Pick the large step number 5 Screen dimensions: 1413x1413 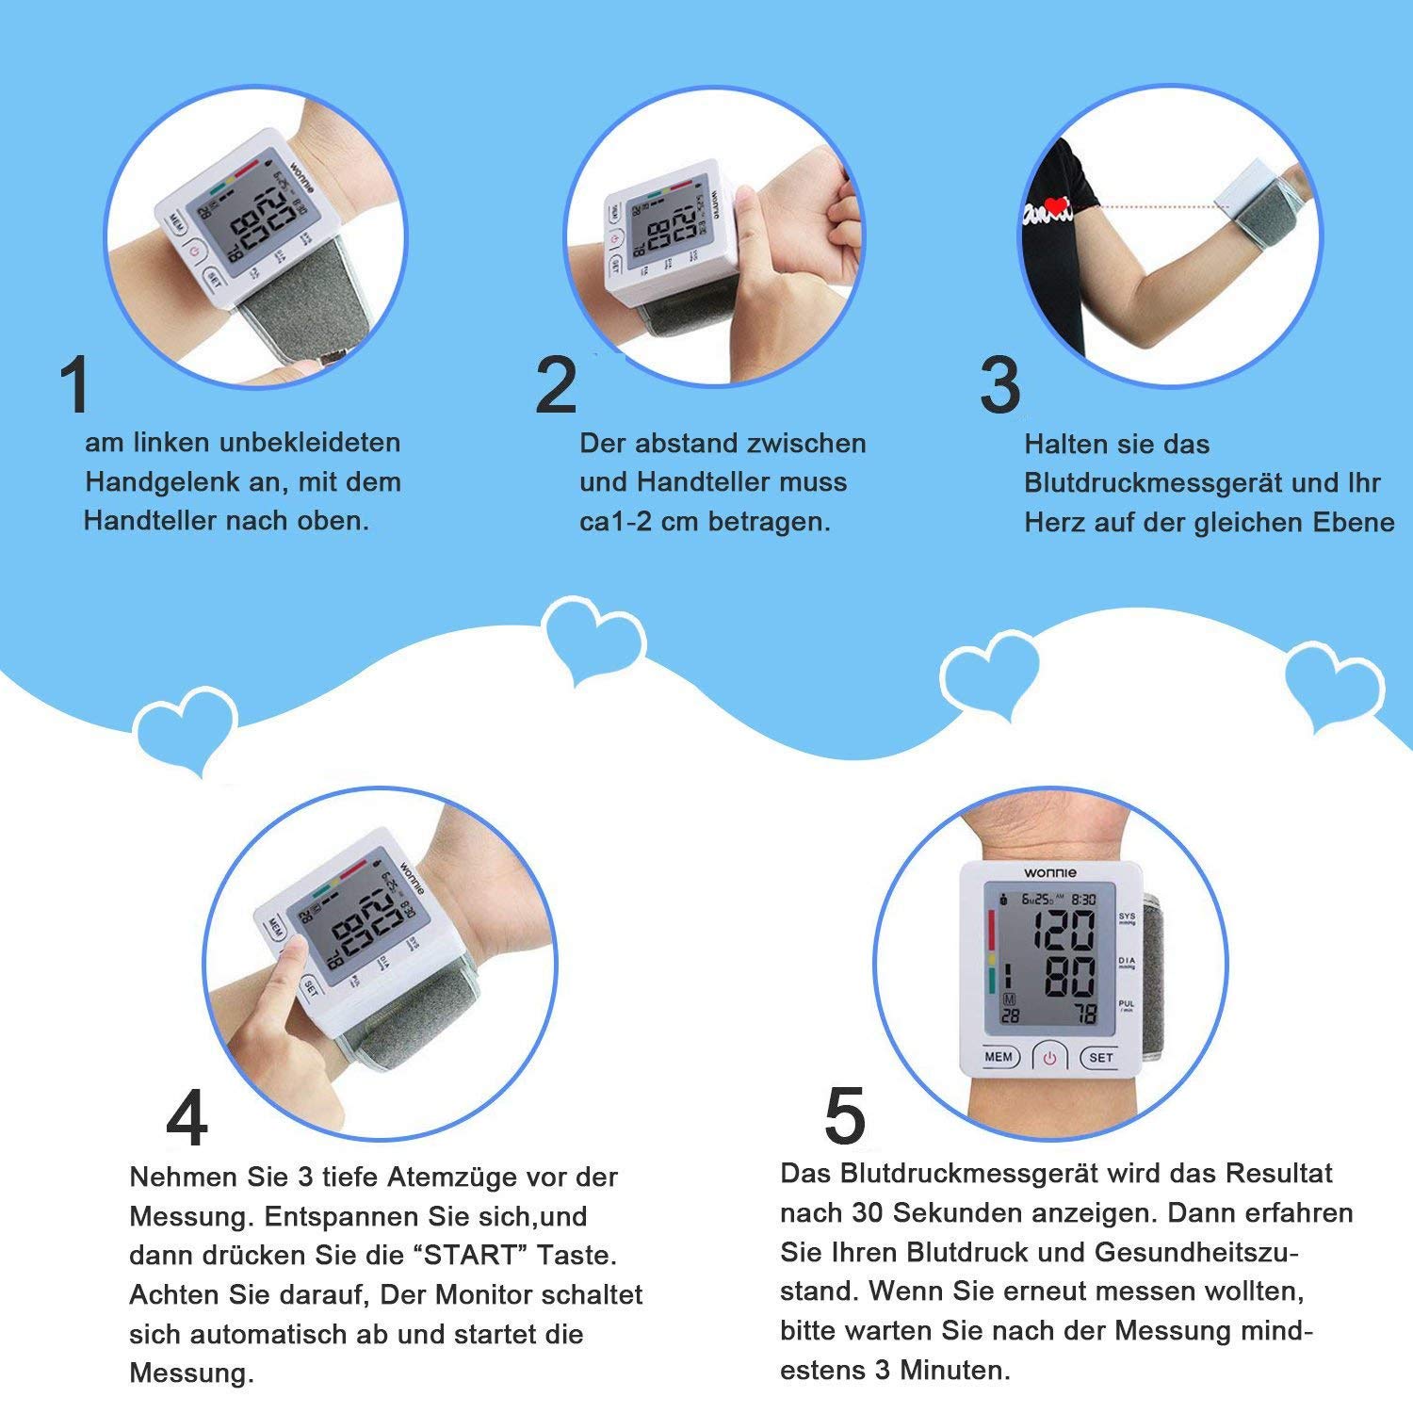[x=845, y=1114]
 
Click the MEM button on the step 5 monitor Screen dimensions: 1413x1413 [x=999, y=1057]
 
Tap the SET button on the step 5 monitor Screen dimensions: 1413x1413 [x=1101, y=1057]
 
